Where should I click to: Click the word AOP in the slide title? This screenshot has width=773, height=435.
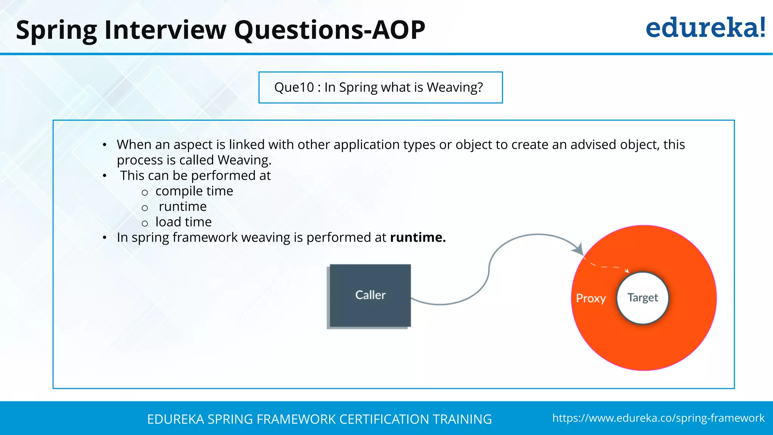coord(399,30)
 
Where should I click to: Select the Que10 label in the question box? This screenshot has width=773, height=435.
coord(294,87)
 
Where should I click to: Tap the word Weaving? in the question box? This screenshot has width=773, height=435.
coord(455,87)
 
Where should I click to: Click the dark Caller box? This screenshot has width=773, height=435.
coord(370,295)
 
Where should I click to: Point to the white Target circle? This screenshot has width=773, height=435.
coord(642,298)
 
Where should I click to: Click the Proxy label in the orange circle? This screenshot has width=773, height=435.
coord(591,298)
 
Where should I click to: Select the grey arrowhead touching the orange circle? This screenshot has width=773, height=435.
coord(579,249)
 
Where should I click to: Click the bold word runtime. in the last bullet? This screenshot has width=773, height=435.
coord(418,238)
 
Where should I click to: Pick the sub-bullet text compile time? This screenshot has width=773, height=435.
coord(194,191)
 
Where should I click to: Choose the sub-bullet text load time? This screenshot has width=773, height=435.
coord(183,222)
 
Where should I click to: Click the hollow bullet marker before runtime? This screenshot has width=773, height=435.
coord(145,208)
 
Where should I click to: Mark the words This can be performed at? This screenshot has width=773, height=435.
coord(195,176)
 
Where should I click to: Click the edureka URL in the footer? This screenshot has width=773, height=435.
coord(658,418)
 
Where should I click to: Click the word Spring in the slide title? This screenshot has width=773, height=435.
coord(57,30)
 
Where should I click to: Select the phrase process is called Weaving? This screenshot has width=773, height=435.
coord(194,160)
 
